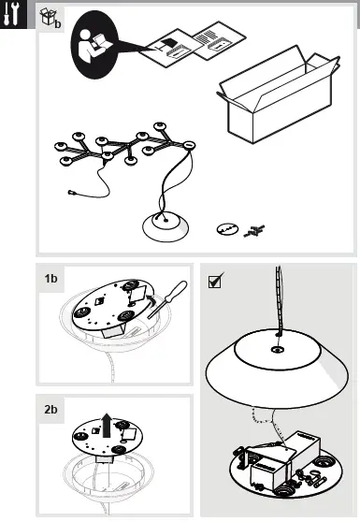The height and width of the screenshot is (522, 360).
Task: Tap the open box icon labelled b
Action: (50, 18)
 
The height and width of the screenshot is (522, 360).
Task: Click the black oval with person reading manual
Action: (94, 45)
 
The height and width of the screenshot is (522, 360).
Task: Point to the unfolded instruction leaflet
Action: (193, 44)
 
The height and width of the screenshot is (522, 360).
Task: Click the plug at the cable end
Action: (71, 192)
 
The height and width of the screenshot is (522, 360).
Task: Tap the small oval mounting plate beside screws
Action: (227, 229)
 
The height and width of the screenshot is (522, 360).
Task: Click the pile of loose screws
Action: (254, 231)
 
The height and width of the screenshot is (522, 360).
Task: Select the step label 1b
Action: (50, 279)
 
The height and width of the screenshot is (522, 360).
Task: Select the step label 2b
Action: (50, 409)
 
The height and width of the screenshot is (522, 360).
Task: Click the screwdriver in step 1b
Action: (167, 299)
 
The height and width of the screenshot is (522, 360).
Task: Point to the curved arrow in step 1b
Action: (151, 299)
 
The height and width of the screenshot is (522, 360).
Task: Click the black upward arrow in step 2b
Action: (107, 425)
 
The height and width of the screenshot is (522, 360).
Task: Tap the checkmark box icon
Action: (215, 281)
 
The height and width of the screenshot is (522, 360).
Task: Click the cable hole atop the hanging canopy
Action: (277, 349)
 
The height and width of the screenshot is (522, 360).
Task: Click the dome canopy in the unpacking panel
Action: (166, 226)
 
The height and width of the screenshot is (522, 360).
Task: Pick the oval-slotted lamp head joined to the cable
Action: (188, 145)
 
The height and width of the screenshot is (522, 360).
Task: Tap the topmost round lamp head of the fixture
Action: (160, 126)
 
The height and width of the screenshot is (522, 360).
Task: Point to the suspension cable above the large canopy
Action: (279, 299)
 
